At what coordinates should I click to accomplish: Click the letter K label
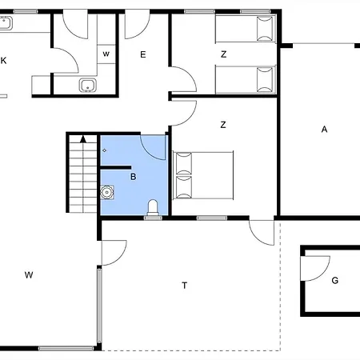tap(3, 61)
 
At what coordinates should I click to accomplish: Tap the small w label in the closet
tap(106, 54)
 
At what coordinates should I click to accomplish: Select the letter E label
tap(143, 54)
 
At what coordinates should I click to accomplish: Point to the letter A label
tap(324, 130)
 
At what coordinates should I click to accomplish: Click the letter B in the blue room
tap(134, 177)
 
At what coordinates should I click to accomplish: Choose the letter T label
tap(184, 286)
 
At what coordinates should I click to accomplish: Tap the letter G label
tap(335, 280)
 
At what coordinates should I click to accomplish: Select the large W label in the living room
tap(29, 275)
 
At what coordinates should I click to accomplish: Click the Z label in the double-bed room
tap(223, 125)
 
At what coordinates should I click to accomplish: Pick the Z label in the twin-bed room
tap(224, 54)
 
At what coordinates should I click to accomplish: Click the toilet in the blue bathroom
tap(153, 207)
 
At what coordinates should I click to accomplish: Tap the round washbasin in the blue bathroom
tap(107, 192)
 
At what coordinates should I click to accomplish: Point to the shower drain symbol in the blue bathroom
tap(104, 150)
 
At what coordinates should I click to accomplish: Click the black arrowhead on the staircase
tap(83, 139)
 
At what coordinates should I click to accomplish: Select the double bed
tap(203, 175)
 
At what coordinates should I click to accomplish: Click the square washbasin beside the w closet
tap(88, 85)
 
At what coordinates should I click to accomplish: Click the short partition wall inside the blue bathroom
tap(116, 167)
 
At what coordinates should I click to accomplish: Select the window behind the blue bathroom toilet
tap(153, 218)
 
